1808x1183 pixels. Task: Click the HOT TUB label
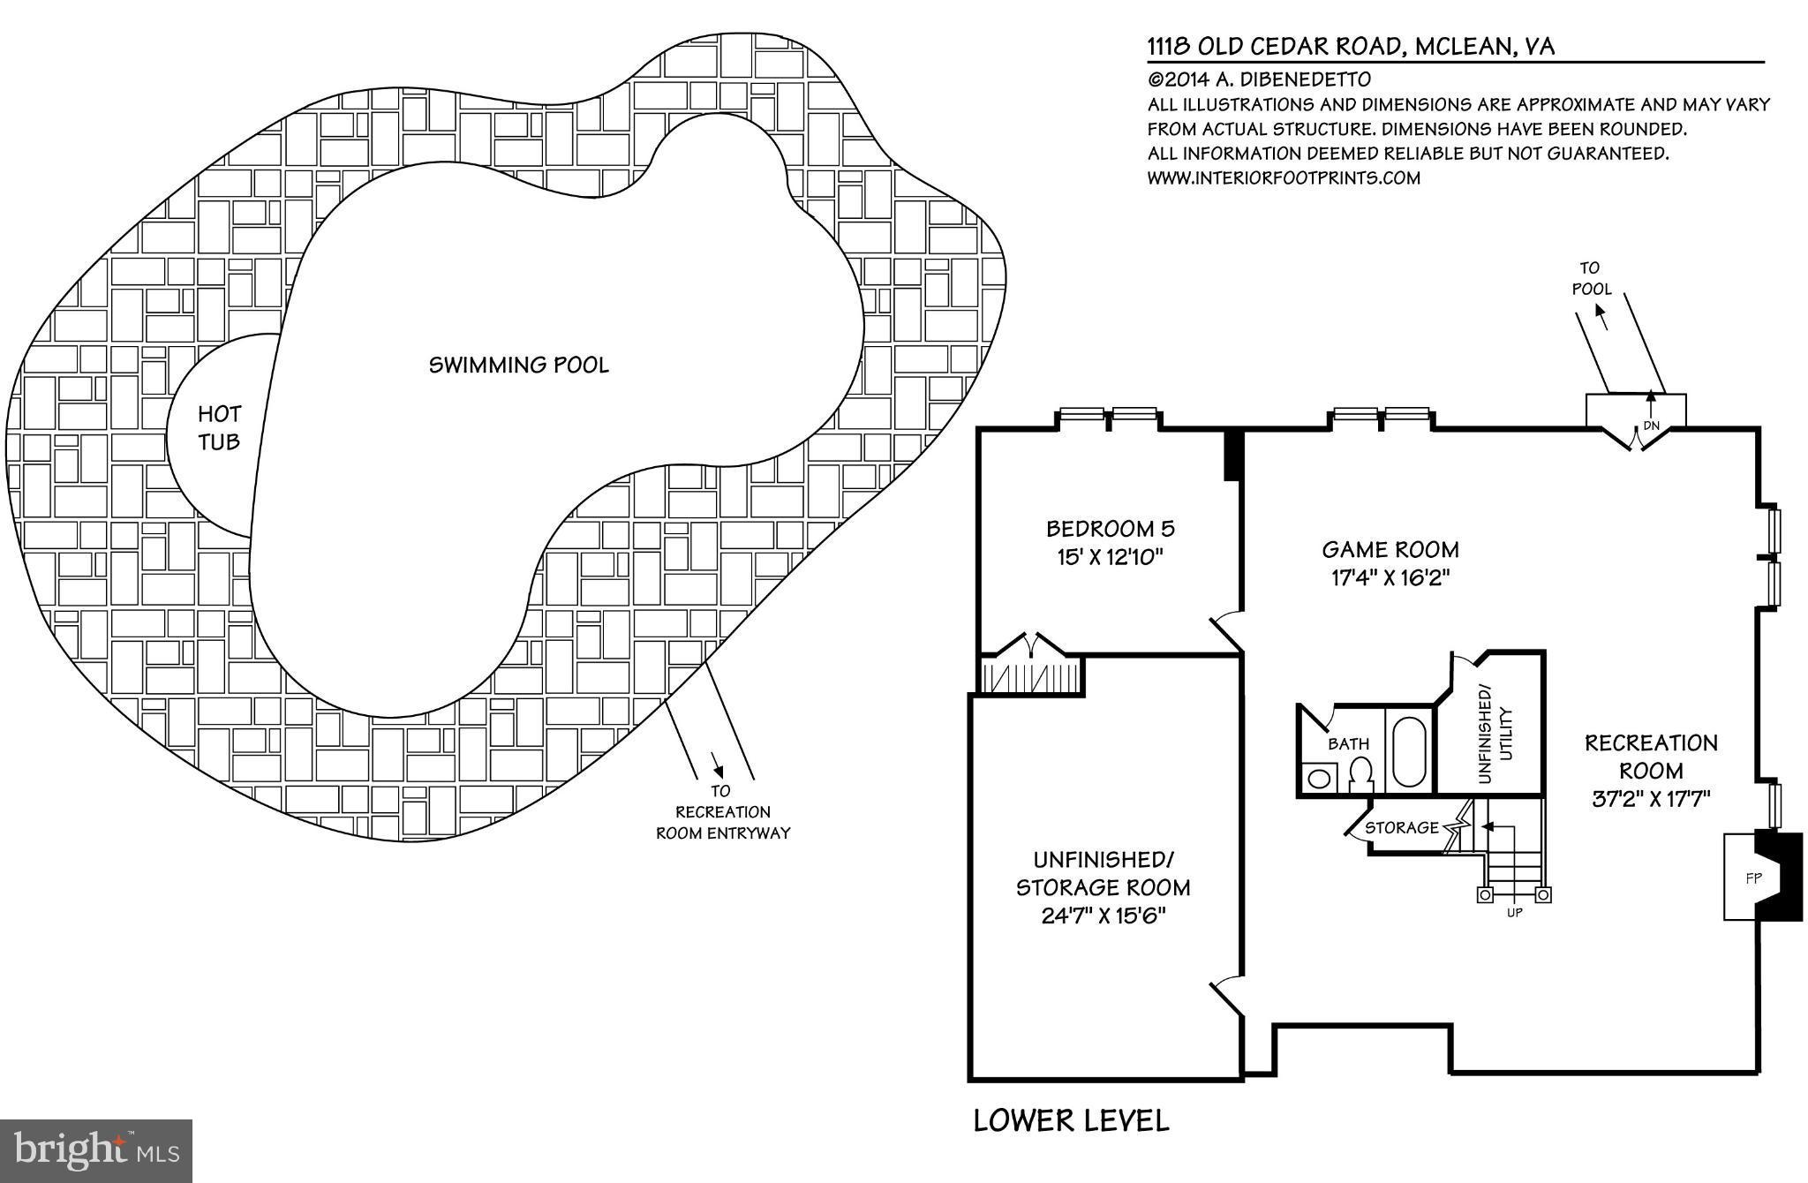coord(219,427)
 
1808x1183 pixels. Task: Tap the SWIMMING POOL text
coord(519,365)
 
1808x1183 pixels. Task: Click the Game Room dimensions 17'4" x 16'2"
coord(1390,578)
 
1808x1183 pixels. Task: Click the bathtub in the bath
coord(1409,753)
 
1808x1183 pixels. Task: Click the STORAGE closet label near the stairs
coord(1401,827)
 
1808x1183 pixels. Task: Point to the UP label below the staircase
coord(1515,913)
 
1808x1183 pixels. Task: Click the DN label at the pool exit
coord(1651,426)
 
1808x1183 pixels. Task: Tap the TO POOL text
coord(1591,278)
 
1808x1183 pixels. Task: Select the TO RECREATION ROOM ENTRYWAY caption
coord(722,812)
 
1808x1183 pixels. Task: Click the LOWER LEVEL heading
coord(1071,1120)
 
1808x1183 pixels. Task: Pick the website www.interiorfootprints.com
coord(1284,177)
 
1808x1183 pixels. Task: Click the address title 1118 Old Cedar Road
coord(1351,47)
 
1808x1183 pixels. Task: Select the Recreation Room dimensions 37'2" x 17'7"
coord(1651,799)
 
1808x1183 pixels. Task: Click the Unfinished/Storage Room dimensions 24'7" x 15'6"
coord(1104,916)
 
